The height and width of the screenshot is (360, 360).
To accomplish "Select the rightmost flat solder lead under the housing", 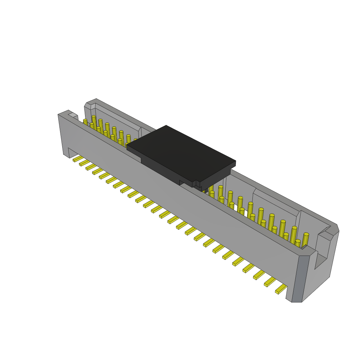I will pos(281,289).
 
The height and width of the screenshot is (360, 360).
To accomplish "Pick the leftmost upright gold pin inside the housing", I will pos(85,122).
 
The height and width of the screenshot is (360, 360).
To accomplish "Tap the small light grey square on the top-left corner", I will pos(73,115).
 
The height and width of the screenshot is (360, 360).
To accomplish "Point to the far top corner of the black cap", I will pos(166,126).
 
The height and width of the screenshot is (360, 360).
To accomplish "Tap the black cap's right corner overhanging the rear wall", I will pos(235,162).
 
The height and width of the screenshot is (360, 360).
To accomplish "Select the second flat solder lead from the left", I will pos(85,163).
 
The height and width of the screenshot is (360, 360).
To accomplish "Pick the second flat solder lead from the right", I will pos(270,282).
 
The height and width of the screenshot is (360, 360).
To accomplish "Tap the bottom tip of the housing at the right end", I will pos(296,301).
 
